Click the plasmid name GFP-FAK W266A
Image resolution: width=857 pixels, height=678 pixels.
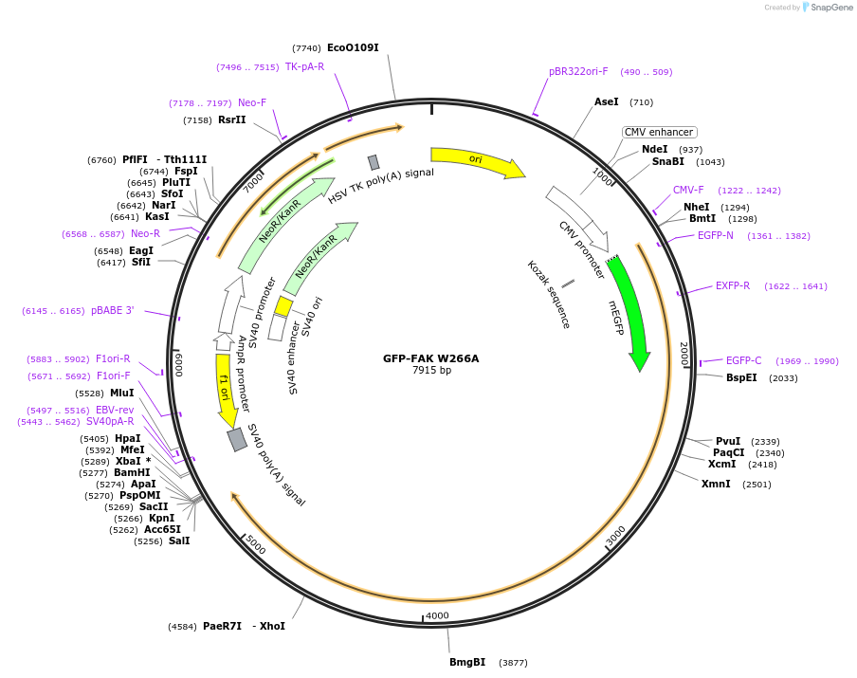pos(431,358)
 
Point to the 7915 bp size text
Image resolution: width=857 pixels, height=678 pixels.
pos(431,370)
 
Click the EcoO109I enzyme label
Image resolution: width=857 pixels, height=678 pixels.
pos(353,47)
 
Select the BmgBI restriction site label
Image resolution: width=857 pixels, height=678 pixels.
pos(467,662)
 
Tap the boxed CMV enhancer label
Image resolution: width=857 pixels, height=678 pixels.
pos(659,132)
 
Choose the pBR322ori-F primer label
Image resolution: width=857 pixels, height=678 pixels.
pos(578,71)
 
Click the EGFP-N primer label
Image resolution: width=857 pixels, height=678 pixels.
pos(716,235)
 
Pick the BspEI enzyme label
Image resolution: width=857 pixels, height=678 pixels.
pos(741,377)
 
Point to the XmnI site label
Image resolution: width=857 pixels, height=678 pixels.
pos(716,484)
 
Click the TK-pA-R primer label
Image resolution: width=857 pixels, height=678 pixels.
pos(304,66)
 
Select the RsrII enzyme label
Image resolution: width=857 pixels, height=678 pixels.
pos(232,119)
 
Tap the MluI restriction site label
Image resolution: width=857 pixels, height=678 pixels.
pos(122,393)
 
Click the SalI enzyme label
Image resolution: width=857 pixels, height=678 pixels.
pos(179,541)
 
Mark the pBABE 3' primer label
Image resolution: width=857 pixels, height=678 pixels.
pos(113,310)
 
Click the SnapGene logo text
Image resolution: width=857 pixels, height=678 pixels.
pos(832,8)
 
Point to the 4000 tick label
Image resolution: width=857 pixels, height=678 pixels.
pos(437,615)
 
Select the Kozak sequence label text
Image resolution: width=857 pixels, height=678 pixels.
pos(549,294)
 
